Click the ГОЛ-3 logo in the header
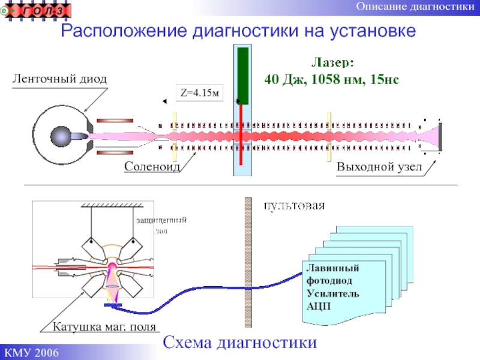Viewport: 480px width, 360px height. click(38, 10)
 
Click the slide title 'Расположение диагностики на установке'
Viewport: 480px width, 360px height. click(239, 31)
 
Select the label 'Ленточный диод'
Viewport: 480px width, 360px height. click(59, 79)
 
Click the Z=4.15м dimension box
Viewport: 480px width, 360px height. click(199, 93)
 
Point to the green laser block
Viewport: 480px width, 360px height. click(242, 75)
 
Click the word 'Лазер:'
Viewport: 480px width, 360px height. click(332, 62)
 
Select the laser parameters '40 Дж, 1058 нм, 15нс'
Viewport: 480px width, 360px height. click(332, 79)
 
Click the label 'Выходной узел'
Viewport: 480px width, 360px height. click(379, 166)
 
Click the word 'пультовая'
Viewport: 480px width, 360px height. click(295, 206)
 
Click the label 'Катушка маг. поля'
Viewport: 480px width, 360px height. click(104, 328)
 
